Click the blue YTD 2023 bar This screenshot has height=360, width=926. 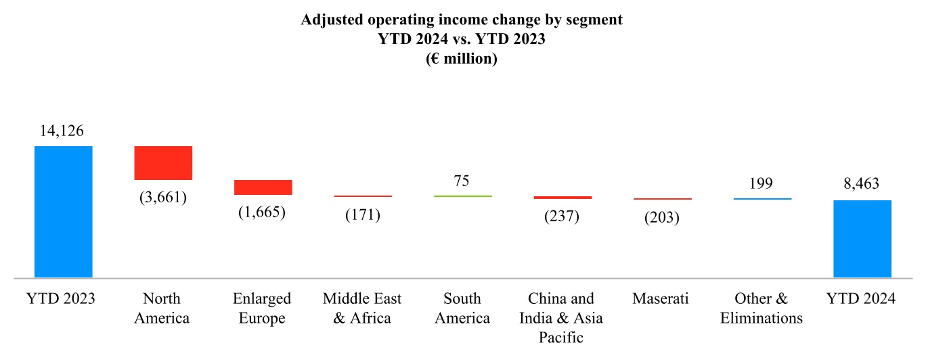pyautogui.click(x=63, y=212)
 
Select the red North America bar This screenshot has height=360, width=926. pyautogui.click(x=163, y=163)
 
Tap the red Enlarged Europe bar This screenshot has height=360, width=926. pyautogui.click(x=263, y=187)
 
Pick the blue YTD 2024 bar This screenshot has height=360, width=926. pyautogui.click(x=862, y=239)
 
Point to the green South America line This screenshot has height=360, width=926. pyautogui.click(x=462, y=196)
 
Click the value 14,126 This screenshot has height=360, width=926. pyautogui.click(x=62, y=131)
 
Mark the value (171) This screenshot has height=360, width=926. pyautogui.click(x=362, y=215)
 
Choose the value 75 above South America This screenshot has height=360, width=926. pyautogui.click(x=462, y=181)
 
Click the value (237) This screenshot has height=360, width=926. pyautogui.click(x=562, y=217)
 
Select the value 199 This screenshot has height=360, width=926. pyautogui.click(x=762, y=183)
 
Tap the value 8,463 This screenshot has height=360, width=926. pyautogui.click(x=861, y=184)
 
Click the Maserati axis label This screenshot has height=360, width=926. pyautogui.click(x=661, y=299)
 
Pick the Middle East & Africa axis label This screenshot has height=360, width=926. pyautogui.click(x=362, y=309)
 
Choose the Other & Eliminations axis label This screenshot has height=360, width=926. pyautogui.click(x=762, y=309)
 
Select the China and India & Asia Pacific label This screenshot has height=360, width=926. pyautogui.click(x=562, y=318)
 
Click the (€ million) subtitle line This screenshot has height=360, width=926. pyautogui.click(x=462, y=59)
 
